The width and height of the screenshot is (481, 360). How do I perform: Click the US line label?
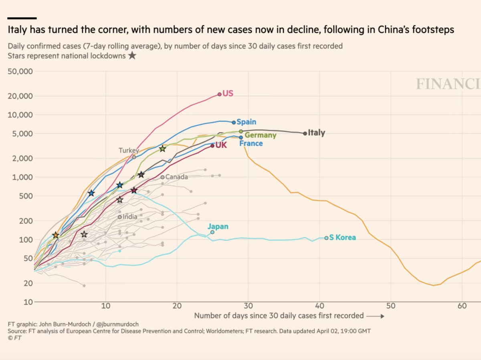pos(228,93)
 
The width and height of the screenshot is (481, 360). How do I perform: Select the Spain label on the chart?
pos(246,122)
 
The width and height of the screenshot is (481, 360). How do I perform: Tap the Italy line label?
pos(316,133)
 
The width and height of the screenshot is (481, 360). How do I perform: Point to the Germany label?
pos(261,135)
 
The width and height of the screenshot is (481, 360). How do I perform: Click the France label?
pos(251,143)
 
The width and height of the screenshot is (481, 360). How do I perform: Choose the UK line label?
pos(221,145)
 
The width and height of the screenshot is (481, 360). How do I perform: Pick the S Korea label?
pos(342,237)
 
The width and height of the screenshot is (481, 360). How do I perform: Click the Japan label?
pos(218,227)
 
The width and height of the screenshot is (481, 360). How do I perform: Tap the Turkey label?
pos(128,151)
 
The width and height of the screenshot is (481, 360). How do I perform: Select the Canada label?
pos(176,177)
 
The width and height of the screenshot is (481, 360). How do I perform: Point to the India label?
pos(130,217)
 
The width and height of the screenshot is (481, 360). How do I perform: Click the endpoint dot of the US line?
pos(219,95)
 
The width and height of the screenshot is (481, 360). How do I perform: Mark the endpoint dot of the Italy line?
pos(305,133)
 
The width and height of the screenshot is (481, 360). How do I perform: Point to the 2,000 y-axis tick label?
pos(22,158)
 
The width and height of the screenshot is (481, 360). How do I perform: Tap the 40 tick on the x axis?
pos(319,306)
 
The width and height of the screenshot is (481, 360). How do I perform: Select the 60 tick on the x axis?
pos(462,306)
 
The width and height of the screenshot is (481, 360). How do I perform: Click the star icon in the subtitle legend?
pos(132,56)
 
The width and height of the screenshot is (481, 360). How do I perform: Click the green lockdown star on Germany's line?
pos(162,149)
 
